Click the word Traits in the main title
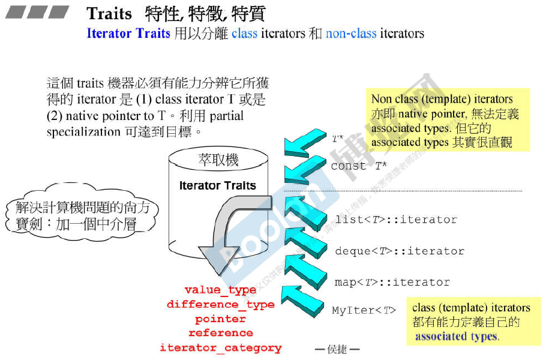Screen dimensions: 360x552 click(109, 14)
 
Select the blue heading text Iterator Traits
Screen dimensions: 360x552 click(128, 33)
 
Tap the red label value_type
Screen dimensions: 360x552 click(220, 290)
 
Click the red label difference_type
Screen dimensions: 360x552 click(220, 305)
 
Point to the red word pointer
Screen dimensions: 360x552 click(220, 319)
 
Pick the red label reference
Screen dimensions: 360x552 click(220, 333)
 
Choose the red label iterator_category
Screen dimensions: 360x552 click(220, 348)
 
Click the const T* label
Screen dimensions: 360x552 click(358, 166)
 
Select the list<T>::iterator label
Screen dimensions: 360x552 click(396, 220)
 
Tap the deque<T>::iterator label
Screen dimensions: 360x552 click(400, 251)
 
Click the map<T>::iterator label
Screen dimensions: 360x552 click(392, 282)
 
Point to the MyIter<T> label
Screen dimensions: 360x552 click(364, 310)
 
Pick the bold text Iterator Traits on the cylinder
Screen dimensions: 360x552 click(217, 186)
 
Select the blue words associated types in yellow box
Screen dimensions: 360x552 click(456, 337)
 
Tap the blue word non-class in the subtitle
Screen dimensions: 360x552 click(351, 33)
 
